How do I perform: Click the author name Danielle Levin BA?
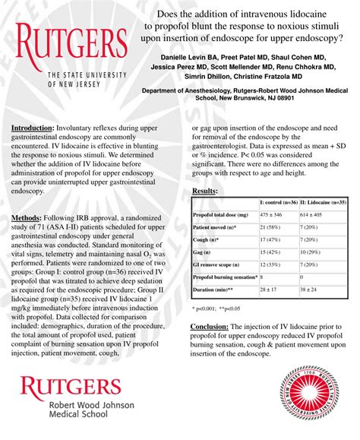click(190, 57)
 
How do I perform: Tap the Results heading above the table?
click(204, 191)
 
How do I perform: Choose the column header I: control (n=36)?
click(279, 203)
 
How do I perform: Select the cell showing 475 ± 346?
click(273, 216)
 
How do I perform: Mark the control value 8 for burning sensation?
click(262, 278)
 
